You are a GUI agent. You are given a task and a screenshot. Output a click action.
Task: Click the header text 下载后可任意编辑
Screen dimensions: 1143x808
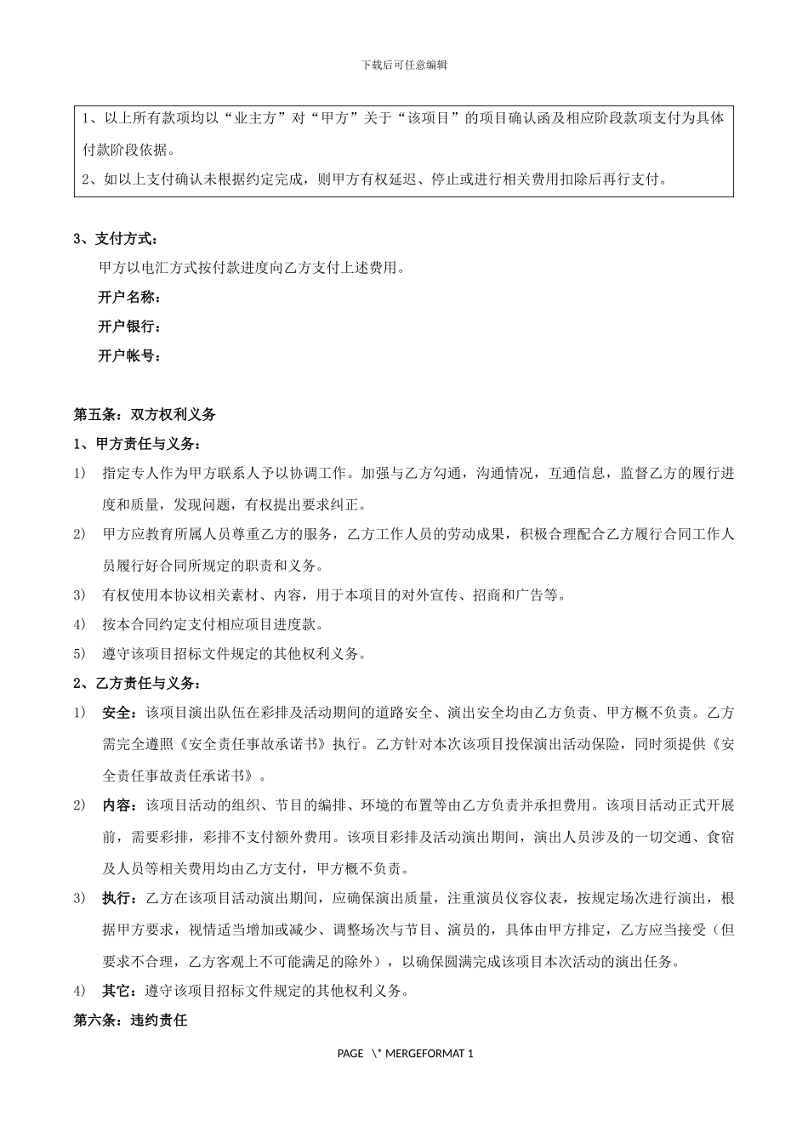tap(404, 65)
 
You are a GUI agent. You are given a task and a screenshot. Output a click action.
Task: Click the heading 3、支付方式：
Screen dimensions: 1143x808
tap(117, 239)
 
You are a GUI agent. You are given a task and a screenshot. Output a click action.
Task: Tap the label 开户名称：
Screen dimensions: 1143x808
tap(130, 298)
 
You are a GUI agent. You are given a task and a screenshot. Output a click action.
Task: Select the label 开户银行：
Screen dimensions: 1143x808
tap(130, 327)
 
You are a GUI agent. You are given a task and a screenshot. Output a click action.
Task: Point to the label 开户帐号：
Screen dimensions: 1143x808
tap(130, 356)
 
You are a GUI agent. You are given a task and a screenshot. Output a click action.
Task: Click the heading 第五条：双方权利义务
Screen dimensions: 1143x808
tap(145, 415)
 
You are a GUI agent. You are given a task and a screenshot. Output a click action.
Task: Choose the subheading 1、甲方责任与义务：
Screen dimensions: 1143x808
tap(139, 444)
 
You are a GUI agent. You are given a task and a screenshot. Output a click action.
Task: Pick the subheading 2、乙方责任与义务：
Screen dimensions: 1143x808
tap(139, 684)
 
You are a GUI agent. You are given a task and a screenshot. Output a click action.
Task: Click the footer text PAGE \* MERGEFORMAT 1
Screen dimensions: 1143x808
tap(405, 1054)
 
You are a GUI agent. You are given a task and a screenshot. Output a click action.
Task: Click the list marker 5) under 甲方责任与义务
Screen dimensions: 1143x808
tap(80, 654)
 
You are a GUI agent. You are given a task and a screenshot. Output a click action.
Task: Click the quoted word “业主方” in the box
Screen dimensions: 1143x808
tap(255, 119)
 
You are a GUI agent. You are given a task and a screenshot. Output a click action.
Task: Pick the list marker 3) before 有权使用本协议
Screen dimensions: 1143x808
tap(80, 595)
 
